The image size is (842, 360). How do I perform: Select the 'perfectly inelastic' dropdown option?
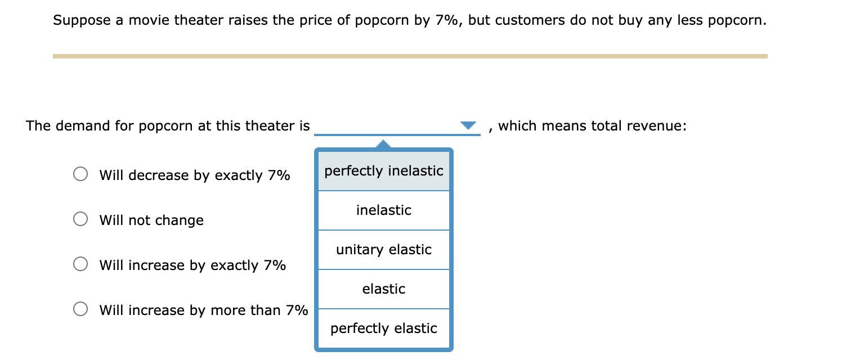tap(384, 171)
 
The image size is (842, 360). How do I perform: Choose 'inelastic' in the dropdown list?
tap(384, 210)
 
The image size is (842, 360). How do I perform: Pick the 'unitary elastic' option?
tap(384, 250)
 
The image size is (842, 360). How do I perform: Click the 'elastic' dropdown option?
tap(384, 289)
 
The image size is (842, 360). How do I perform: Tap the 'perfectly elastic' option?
tap(384, 328)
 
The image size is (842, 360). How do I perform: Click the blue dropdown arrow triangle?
tap(468, 125)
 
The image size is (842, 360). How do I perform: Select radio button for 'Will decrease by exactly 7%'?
tap(80, 174)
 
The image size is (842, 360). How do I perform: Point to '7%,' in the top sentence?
tap(449, 21)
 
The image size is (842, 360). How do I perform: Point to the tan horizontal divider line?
tap(410, 56)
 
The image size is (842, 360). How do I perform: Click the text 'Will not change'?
tap(151, 220)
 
